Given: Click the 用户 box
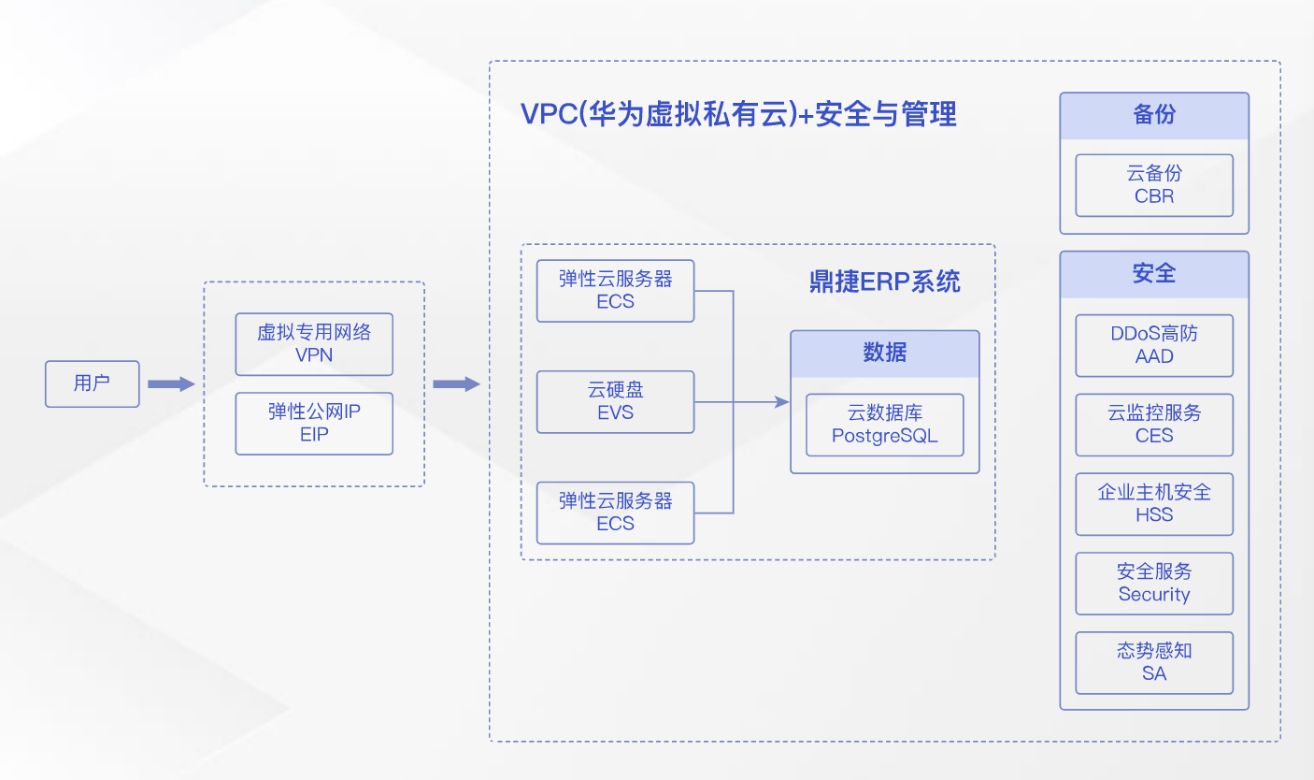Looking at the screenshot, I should [x=92, y=383].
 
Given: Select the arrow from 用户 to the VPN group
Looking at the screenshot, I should [x=171, y=383].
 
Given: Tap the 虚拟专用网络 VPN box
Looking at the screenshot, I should [x=314, y=344].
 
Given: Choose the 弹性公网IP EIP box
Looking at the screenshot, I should [x=314, y=424].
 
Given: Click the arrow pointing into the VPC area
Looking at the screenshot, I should [x=456, y=383].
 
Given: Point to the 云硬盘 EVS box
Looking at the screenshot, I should [x=615, y=402].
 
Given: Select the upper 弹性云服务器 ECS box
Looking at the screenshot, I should [x=615, y=291].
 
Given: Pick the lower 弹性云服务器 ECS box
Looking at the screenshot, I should [x=615, y=513].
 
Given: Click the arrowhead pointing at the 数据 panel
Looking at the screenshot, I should [x=783, y=402].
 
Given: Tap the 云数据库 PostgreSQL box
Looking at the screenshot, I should [x=884, y=425].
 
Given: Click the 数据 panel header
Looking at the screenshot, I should [x=884, y=353].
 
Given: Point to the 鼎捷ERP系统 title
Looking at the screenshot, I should [x=884, y=282].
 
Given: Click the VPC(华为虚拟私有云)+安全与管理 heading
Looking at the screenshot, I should [x=738, y=114].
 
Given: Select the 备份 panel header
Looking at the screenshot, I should [x=1153, y=116].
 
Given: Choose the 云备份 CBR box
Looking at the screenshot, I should [x=1153, y=185].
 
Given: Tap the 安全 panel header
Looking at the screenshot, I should [x=1153, y=274].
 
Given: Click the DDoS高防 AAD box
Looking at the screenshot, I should [x=1153, y=345].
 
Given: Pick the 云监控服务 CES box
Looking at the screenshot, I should [x=1153, y=425].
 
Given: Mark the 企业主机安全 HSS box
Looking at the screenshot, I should [x=1153, y=504].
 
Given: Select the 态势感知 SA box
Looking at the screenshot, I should [x=1153, y=662].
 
